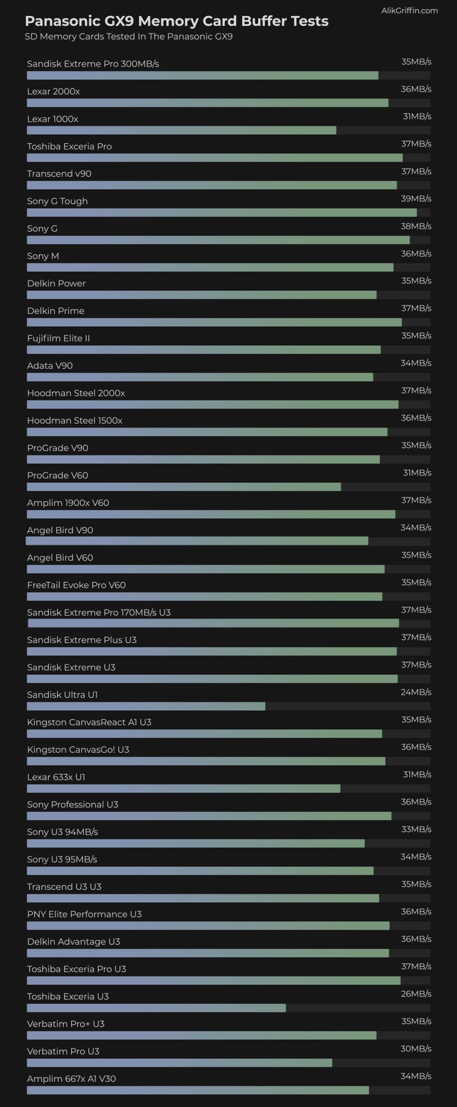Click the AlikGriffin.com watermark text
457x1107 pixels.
tap(409, 11)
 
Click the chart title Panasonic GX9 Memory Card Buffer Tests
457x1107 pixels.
tap(176, 21)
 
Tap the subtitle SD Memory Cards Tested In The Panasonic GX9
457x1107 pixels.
tap(128, 37)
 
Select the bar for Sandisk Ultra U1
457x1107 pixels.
tap(146, 706)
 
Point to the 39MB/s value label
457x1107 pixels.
tap(416, 198)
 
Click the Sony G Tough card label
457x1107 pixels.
tap(57, 201)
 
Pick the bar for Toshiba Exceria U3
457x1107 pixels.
tap(156, 1008)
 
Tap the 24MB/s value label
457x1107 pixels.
tap(416, 692)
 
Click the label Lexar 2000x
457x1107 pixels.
tap(53, 91)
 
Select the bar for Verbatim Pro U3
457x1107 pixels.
tap(179, 1063)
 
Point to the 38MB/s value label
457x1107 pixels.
tap(416, 226)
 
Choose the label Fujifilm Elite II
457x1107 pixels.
tap(58, 338)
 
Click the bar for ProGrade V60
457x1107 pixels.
tap(184, 487)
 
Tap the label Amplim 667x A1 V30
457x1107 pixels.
tap(71, 1078)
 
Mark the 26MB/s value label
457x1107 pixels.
tap(416, 994)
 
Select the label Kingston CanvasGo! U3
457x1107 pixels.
tap(78, 749)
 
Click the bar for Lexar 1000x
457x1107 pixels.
tap(181, 130)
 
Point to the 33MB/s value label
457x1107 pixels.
tap(416, 829)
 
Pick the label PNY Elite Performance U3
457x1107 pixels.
tap(84, 914)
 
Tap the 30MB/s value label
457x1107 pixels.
tap(416, 1049)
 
